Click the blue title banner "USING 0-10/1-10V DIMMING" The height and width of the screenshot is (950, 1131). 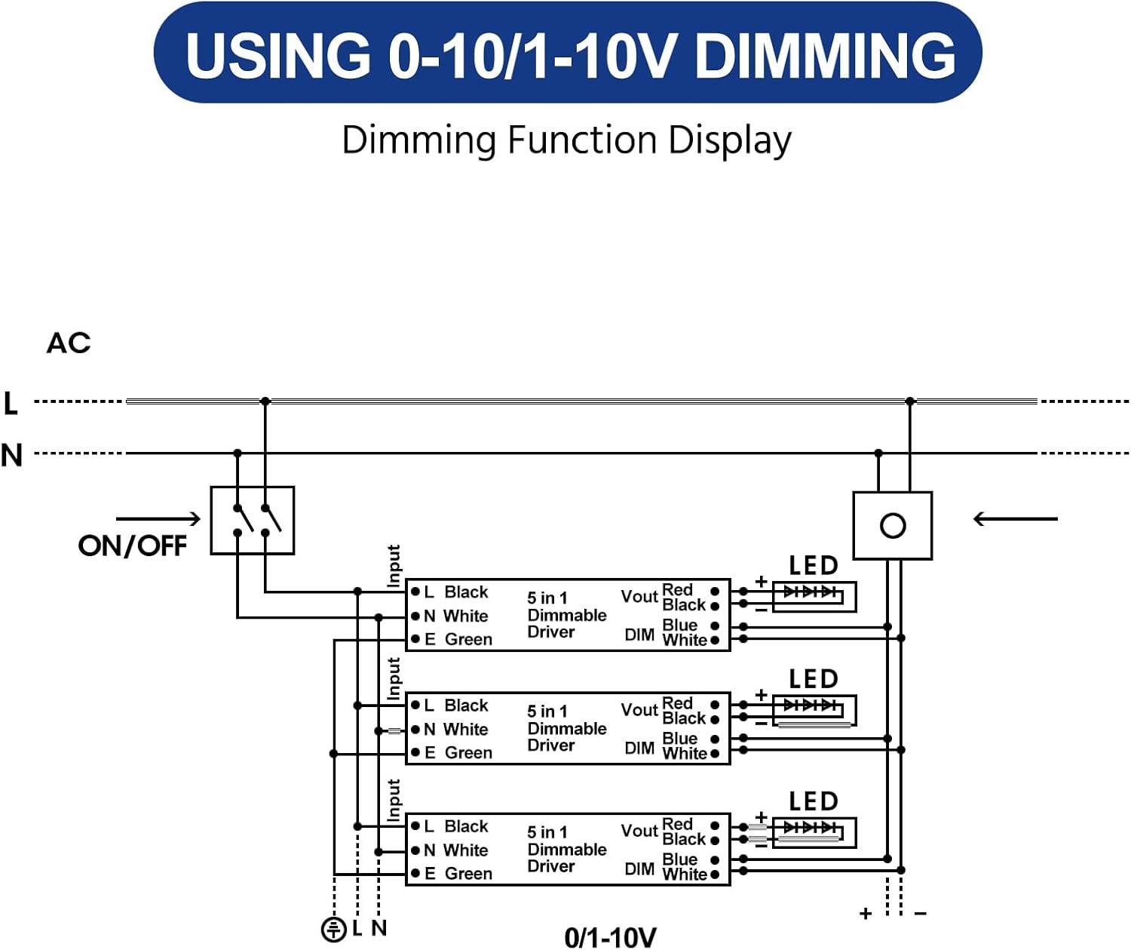tap(567, 53)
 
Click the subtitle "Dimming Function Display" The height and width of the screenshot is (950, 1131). tap(566, 140)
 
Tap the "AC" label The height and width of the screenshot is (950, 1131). tap(69, 343)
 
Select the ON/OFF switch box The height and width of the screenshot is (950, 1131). tap(252, 521)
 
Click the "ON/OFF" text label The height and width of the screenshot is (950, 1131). tap(133, 546)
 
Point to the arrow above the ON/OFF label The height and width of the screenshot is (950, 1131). tap(158, 518)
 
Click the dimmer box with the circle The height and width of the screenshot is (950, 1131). tap(893, 525)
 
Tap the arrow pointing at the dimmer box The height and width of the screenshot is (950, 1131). tap(1015, 518)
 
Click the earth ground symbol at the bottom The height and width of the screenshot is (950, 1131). tap(333, 929)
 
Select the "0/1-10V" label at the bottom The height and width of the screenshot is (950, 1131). tap(610, 937)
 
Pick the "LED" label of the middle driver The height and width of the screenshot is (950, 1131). tap(813, 679)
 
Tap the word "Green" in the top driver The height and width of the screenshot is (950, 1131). tap(468, 640)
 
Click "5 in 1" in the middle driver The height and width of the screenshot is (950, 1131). tap(547, 712)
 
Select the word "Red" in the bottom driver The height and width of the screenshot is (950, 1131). tap(677, 824)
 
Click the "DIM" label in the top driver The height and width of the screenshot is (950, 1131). tap(639, 635)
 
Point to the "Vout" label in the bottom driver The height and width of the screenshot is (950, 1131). tap(639, 831)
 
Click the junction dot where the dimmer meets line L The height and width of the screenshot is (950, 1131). tap(910, 401)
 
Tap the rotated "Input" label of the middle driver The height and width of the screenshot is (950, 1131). tap(394, 679)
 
